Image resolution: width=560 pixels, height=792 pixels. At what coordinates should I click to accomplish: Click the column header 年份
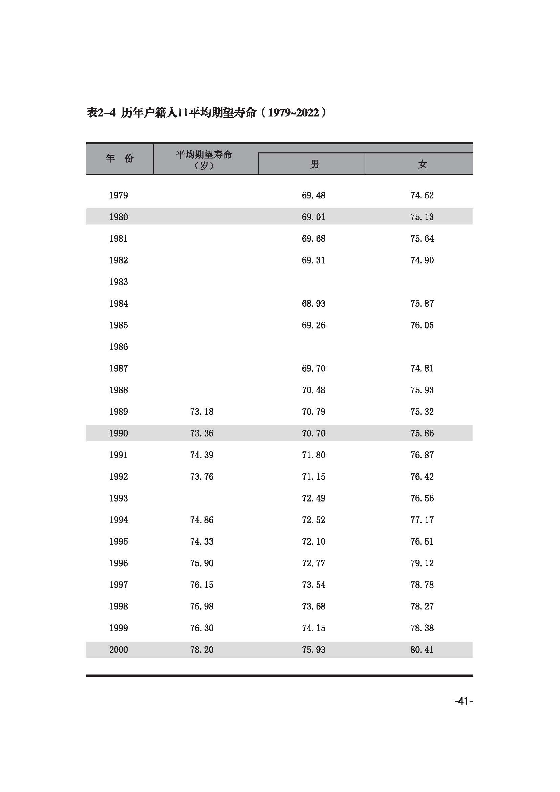point(119,158)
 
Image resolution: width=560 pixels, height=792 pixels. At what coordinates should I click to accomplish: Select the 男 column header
point(314,164)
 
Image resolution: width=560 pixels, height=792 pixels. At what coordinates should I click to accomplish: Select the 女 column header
point(422,164)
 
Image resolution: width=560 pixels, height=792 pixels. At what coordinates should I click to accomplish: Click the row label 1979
point(118,195)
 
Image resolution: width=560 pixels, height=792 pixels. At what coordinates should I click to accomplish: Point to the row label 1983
point(118,282)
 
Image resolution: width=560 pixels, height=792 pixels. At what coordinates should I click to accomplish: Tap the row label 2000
point(118,649)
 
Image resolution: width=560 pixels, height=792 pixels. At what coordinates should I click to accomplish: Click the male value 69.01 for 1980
point(314,217)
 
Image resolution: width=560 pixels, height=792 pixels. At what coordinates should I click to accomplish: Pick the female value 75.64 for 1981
point(422,239)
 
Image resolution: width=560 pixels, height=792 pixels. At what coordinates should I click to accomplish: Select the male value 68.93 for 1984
point(314,303)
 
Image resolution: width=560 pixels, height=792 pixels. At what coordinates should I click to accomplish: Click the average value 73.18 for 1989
point(202,411)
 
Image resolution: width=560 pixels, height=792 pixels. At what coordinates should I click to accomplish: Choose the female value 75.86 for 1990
point(422,433)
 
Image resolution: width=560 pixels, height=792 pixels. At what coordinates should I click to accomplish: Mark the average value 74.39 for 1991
point(202,455)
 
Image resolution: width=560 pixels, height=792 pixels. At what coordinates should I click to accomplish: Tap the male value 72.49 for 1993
point(314,498)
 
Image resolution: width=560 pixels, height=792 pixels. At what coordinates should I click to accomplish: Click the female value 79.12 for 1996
point(422,563)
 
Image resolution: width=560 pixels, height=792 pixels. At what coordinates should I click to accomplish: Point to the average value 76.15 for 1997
point(202,585)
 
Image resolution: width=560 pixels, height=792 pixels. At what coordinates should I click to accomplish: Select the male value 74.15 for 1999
point(314,628)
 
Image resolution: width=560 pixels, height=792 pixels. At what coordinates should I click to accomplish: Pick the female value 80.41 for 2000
point(422,649)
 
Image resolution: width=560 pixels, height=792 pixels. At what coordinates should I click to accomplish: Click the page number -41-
point(463,701)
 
